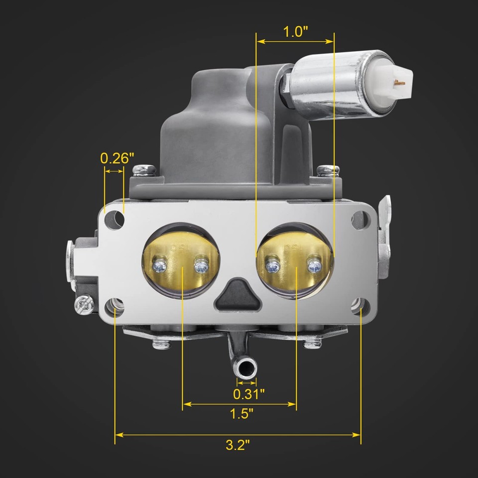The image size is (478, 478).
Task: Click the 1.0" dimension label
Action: pyautogui.click(x=295, y=32)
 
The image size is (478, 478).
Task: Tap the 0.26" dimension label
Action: pyautogui.click(x=117, y=158)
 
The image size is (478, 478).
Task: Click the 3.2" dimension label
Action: pyautogui.click(x=238, y=445)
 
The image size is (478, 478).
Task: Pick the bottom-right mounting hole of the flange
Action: pyautogui.click(x=358, y=304)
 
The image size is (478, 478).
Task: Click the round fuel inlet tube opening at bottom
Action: pyautogui.click(x=245, y=368)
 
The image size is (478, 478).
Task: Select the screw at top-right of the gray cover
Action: pyautogui.click(x=329, y=171)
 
